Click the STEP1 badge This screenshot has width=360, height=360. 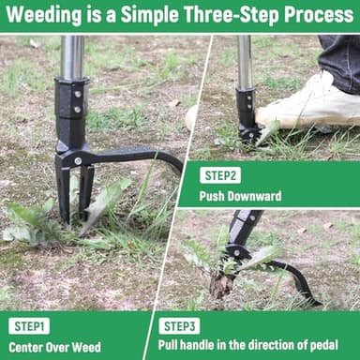(x=29, y=326)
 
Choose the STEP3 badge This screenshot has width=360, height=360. (x=179, y=326)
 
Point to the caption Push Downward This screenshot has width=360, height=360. (x=239, y=197)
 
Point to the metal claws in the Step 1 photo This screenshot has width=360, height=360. (x=74, y=192)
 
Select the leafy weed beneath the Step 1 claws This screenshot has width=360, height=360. (x=37, y=220)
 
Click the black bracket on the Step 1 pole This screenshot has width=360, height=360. (x=71, y=108)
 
